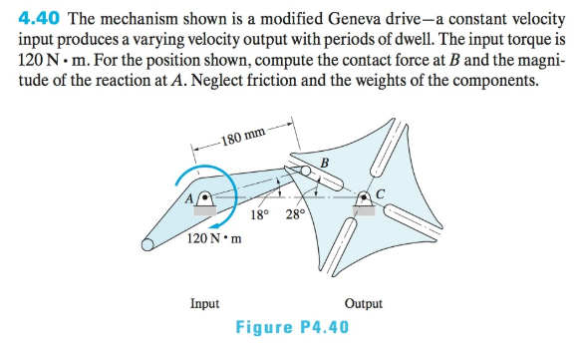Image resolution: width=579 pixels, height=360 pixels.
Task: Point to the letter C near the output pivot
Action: click(x=380, y=192)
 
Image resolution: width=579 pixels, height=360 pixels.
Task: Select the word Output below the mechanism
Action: click(x=363, y=304)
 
